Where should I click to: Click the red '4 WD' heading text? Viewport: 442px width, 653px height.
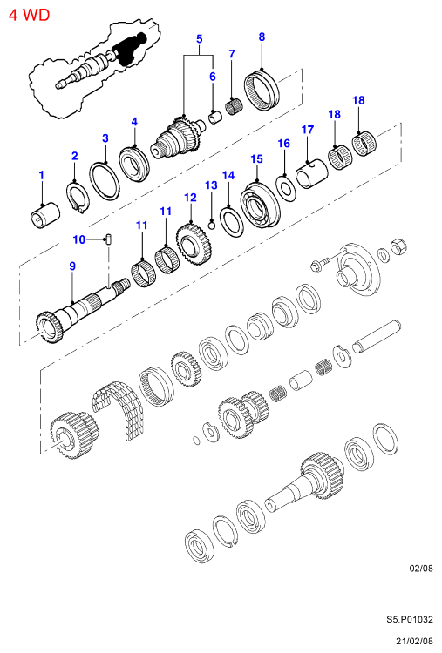[x=29, y=15]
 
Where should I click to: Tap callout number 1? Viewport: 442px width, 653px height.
[x=41, y=175]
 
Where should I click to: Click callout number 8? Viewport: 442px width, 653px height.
[x=262, y=37]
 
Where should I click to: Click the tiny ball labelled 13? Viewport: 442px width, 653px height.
[x=211, y=226]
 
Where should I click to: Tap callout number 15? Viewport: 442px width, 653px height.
[x=257, y=159]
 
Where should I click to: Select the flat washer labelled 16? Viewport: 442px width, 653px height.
[x=287, y=189]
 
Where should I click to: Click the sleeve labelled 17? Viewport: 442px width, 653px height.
[x=311, y=173]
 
